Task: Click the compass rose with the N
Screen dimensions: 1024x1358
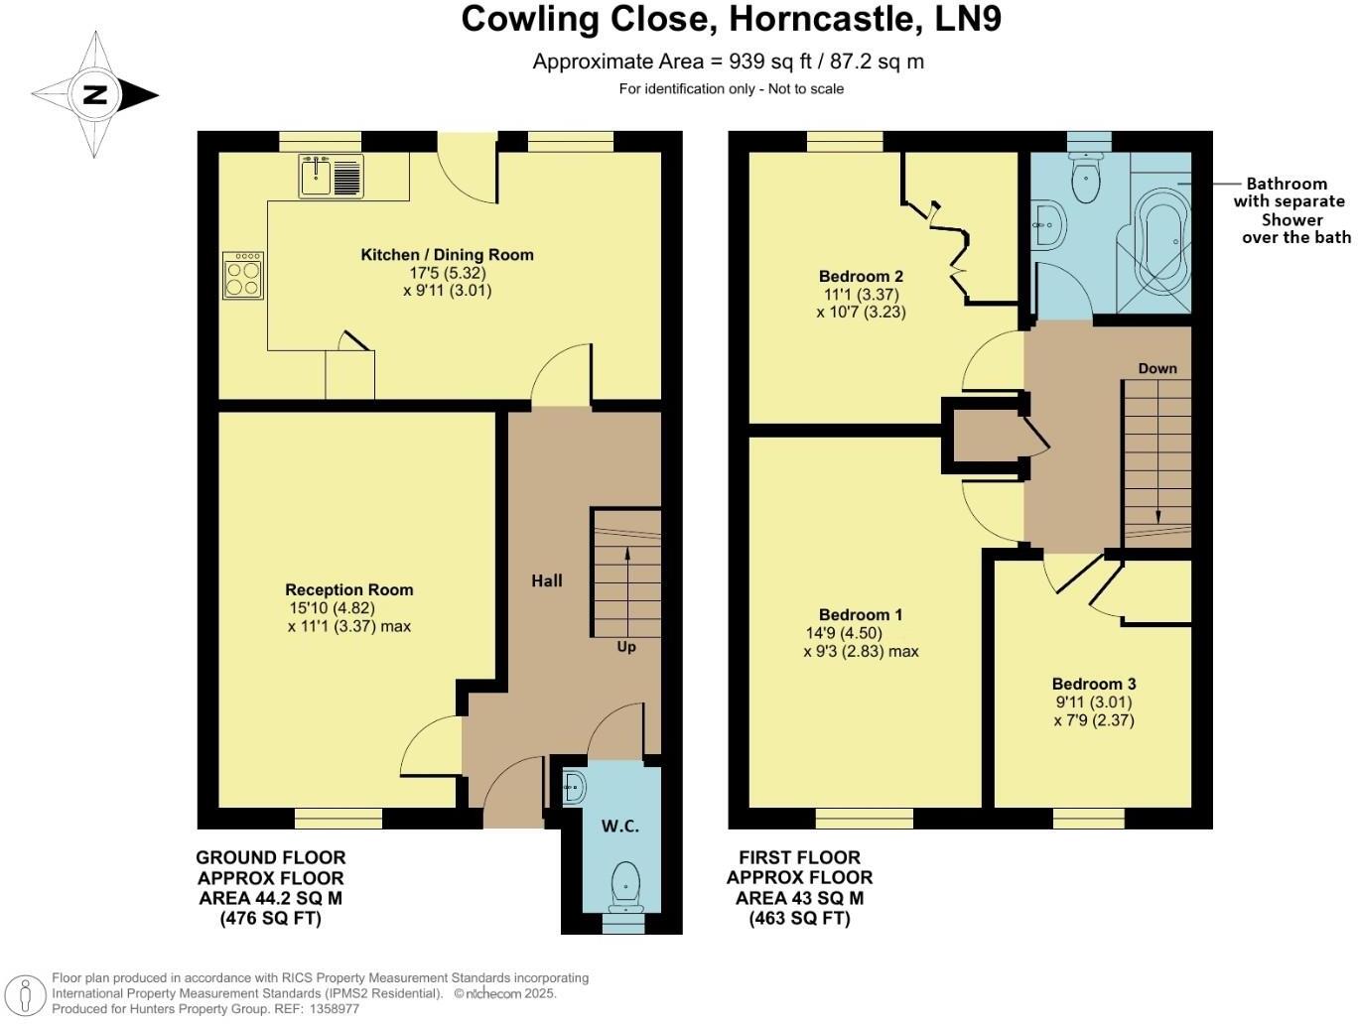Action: pos(95,95)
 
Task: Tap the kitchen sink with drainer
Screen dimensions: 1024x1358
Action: pos(331,177)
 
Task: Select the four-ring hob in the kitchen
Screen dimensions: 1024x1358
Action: pos(243,275)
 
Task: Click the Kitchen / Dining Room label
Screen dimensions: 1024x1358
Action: pos(447,255)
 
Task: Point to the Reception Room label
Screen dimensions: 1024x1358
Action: pos(348,589)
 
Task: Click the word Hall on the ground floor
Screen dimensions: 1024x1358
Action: pos(546,581)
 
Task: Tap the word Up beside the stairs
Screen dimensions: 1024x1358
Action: pos(626,647)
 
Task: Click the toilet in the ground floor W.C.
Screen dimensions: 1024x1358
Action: pos(625,885)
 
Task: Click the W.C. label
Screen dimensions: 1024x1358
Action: pos(620,827)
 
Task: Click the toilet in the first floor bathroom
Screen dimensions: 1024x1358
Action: pos(1085,181)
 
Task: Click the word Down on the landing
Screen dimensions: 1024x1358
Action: pos(1157,368)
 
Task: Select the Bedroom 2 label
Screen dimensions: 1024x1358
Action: pos(861,276)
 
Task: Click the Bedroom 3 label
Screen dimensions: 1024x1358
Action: pos(1094,684)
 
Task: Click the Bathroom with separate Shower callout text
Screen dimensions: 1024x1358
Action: pos(1290,210)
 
